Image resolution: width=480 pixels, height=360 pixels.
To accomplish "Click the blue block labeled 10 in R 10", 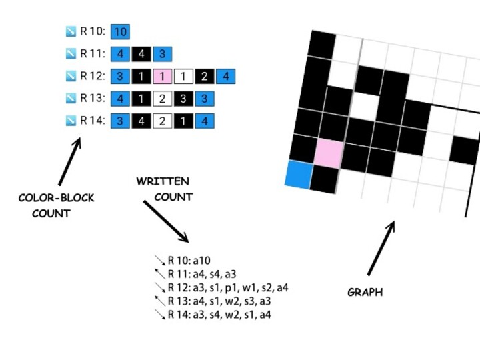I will pyautogui.click(x=121, y=31).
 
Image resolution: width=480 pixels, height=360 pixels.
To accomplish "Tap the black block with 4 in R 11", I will pyautogui.click(x=141, y=54).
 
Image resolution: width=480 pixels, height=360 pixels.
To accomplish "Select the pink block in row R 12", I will pyautogui.click(x=163, y=77).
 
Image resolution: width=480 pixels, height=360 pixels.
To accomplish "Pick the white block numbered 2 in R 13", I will pyautogui.click(x=162, y=99).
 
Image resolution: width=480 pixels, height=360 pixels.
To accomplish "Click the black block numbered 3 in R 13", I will pyautogui.click(x=183, y=99).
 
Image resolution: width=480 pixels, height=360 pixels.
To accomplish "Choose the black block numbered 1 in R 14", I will pyautogui.click(x=183, y=121).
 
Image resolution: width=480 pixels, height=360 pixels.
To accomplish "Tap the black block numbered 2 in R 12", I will pyautogui.click(x=205, y=77).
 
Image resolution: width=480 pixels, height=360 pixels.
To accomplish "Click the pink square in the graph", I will pyautogui.click(x=329, y=153).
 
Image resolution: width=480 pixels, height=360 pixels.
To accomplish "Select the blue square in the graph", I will pyautogui.click(x=299, y=174).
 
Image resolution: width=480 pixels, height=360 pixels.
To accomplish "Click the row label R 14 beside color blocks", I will pyautogui.click(x=93, y=121).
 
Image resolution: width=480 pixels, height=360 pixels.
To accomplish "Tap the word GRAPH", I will pyautogui.click(x=365, y=292).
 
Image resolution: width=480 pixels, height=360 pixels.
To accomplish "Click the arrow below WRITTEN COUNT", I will pyautogui.click(x=166, y=221).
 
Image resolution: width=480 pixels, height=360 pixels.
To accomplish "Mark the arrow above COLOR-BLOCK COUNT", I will pyautogui.click(x=69, y=161).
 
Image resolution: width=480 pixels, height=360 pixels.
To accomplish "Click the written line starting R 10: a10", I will pyautogui.click(x=189, y=261).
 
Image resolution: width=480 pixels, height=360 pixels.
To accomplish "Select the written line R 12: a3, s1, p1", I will pyautogui.click(x=227, y=288).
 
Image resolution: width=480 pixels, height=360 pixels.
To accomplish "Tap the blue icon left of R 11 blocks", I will pyautogui.click(x=71, y=54).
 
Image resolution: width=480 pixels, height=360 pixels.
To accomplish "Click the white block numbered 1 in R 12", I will pyautogui.click(x=184, y=77).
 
